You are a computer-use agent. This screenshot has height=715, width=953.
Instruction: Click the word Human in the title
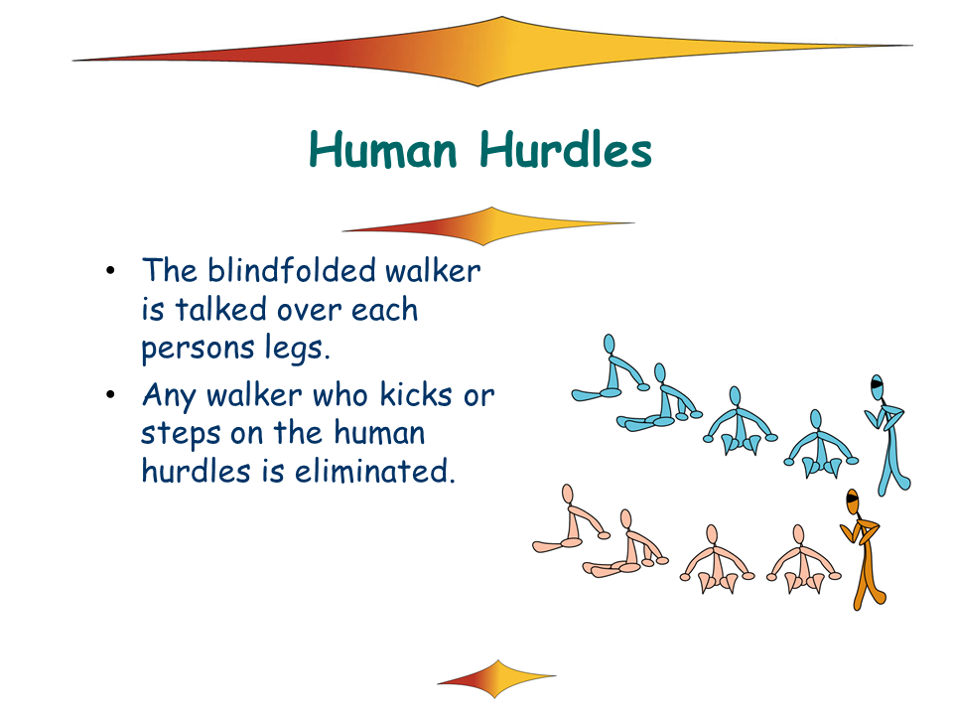[383, 150]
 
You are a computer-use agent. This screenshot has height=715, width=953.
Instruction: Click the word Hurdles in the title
[566, 150]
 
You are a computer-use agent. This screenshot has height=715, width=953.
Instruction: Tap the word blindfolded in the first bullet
[292, 270]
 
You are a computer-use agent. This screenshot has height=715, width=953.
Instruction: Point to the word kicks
[416, 394]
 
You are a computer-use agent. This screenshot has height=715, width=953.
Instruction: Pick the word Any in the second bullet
[170, 396]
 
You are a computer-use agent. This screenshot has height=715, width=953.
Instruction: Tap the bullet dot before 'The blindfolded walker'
[110, 270]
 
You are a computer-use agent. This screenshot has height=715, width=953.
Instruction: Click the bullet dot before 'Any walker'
[110, 395]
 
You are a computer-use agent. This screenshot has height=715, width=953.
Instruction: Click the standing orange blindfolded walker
[864, 547]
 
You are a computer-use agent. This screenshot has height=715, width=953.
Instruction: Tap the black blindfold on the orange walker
[852, 500]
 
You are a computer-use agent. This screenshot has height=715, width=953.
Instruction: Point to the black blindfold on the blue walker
[877, 383]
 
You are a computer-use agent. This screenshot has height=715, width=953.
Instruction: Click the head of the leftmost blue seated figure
[609, 345]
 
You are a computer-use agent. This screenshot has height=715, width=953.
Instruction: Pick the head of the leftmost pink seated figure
[568, 494]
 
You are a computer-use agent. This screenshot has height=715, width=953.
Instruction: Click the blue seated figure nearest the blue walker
[821, 444]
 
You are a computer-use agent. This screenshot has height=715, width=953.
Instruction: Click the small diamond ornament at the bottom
[496, 678]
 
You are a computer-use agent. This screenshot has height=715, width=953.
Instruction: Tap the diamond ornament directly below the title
[488, 225]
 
